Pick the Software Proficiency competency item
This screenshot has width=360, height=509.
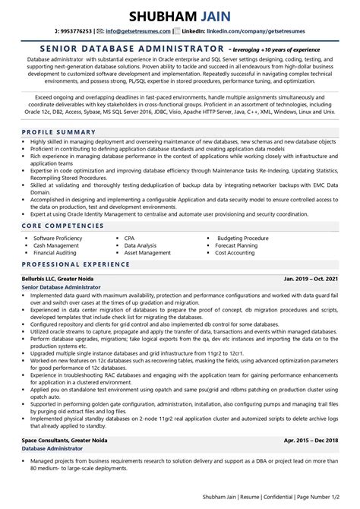[x=65, y=238]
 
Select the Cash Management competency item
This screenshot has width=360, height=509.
[x=61, y=245]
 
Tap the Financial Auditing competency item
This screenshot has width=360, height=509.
[x=62, y=253]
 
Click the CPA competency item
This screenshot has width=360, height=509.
[x=131, y=238]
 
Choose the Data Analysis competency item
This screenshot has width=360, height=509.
[x=141, y=245]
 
